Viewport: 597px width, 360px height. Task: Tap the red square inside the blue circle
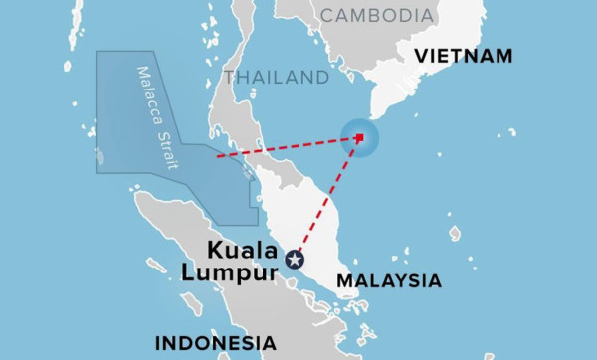point(359,137)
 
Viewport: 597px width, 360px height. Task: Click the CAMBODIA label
point(377,16)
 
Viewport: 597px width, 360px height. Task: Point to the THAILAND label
point(277,77)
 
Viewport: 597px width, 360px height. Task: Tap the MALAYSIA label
point(388,281)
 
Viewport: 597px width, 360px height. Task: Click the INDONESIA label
point(215,343)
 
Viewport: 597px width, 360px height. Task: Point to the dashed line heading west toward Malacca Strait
point(289,146)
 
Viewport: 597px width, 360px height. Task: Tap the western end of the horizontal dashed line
point(217,156)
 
